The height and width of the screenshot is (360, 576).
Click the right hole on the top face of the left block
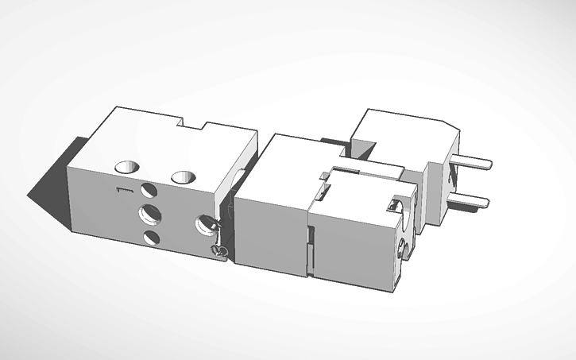click(186, 176)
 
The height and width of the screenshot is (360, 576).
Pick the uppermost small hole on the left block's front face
click(149, 191)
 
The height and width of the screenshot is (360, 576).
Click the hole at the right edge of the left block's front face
click(205, 227)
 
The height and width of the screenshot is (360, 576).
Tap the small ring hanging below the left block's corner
click(220, 252)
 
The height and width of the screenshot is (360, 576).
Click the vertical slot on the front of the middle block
click(311, 251)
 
